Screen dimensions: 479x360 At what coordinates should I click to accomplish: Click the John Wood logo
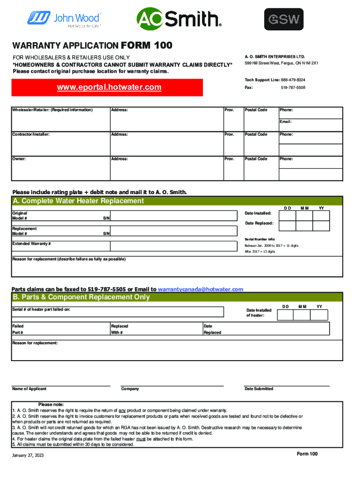tap(65, 19)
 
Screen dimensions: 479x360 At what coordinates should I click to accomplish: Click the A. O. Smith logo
tap(179, 19)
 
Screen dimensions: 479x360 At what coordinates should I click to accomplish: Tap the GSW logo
tap(284, 20)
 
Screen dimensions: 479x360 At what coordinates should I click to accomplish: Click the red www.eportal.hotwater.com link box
tap(109, 87)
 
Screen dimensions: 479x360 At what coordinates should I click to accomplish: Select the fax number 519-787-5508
tap(293, 87)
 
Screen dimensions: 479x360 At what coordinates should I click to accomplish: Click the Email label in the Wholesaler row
tap(286, 122)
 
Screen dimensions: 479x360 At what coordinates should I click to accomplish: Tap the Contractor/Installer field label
tap(31, 134)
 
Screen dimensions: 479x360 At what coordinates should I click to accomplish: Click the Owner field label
tap(19, 159)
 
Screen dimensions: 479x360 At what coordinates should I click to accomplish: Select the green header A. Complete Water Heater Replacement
tap(79, 201)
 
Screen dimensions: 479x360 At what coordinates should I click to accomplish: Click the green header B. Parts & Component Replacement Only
tap(81, 297)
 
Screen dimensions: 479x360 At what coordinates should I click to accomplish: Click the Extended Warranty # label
tap(31, 244)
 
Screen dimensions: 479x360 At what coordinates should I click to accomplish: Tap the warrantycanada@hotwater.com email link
tap(201, 290)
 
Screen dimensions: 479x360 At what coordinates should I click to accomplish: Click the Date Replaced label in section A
tap(259, 223)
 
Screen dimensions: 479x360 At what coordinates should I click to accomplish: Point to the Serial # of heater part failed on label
tap(42, 310)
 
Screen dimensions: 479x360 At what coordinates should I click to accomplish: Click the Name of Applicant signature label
tap(29, 389)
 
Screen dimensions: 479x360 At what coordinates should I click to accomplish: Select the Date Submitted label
tap(259, 389)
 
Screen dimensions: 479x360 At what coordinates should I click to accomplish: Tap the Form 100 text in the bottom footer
tap(307, 454)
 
